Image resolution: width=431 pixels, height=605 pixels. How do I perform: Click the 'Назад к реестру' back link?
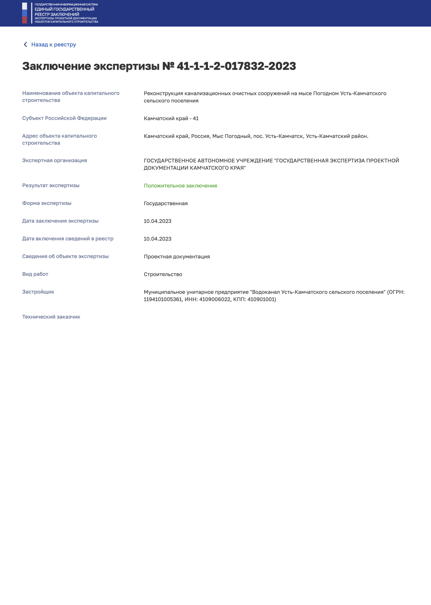53,45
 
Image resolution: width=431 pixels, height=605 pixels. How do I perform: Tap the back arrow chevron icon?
25,44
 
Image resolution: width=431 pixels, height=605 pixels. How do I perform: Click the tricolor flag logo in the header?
24,13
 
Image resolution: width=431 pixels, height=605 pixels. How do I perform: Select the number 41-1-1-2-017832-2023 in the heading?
236,66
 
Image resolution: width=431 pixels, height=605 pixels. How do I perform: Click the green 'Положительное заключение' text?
181,186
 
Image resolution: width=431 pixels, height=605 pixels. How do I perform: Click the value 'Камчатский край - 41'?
171,118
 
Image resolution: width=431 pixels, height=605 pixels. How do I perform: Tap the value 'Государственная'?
166,204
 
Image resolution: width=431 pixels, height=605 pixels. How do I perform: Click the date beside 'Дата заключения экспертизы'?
157,221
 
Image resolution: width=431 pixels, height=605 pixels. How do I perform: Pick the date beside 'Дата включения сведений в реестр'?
157,239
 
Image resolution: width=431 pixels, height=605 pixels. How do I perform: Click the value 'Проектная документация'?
177,257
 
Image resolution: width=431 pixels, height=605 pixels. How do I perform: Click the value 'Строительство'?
163,275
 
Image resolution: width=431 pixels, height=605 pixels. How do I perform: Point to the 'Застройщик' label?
38,292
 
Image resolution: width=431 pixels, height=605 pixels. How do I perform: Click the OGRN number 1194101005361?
163,300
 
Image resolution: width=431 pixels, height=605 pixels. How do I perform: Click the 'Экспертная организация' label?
54,161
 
